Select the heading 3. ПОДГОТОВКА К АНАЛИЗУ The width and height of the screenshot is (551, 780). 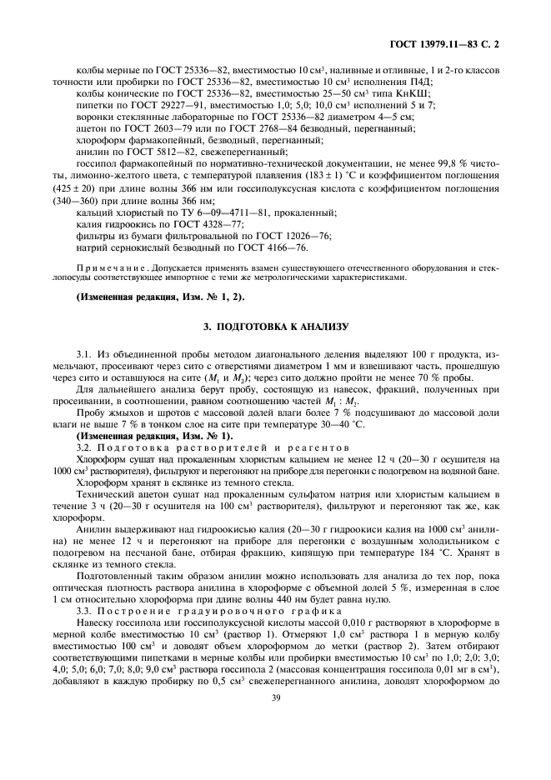click(x=274, y=327)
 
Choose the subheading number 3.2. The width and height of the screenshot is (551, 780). click(x=83, y=447)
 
